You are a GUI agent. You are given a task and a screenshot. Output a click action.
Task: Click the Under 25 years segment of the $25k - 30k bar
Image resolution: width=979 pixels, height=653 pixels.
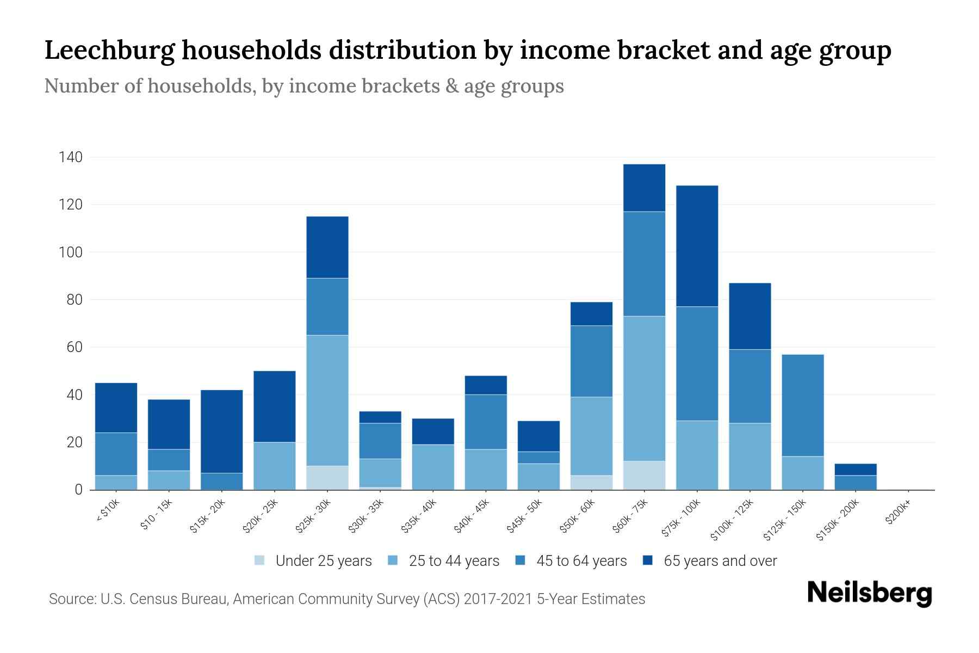[x=327, y=478]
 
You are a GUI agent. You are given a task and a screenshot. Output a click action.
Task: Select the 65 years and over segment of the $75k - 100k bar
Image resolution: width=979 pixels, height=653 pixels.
[x=697, y=246]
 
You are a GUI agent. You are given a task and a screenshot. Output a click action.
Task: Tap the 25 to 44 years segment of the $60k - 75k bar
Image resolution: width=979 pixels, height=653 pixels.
[x=644, y=389]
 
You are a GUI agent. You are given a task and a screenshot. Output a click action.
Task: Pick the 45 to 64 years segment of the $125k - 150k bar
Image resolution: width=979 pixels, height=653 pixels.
[x=802, y=405]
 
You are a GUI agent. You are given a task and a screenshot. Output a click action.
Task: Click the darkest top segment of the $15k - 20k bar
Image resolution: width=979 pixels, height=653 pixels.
[x=221, y=431]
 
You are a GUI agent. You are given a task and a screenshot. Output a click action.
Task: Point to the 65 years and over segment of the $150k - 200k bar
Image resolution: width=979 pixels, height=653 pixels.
[x=856, y=470]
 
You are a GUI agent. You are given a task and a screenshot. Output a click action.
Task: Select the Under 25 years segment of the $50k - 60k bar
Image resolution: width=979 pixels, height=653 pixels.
[x=591, y=483]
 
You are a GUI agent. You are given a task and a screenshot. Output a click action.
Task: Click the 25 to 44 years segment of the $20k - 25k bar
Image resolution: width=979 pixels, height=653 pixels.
[x=274, y=466]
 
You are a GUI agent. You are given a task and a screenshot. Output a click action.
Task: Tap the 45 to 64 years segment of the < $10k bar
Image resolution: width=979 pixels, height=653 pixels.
[x=116, y=454]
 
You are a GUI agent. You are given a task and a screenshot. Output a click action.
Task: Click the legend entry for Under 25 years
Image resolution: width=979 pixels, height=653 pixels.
[x=324, y=561]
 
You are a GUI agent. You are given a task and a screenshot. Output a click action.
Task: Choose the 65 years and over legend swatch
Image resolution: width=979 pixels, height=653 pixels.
[x=648, y=560]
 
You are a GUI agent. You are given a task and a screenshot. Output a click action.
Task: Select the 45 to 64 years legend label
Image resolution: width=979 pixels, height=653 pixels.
[x=581, y=561]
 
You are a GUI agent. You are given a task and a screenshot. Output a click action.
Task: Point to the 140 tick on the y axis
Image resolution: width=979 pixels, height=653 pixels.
[x=71, y=158]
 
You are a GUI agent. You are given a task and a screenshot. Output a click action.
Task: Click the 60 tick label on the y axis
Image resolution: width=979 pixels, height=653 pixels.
[x=75, y=347]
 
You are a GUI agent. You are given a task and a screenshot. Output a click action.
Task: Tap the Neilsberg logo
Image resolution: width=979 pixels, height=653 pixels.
[x=869, y=593]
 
